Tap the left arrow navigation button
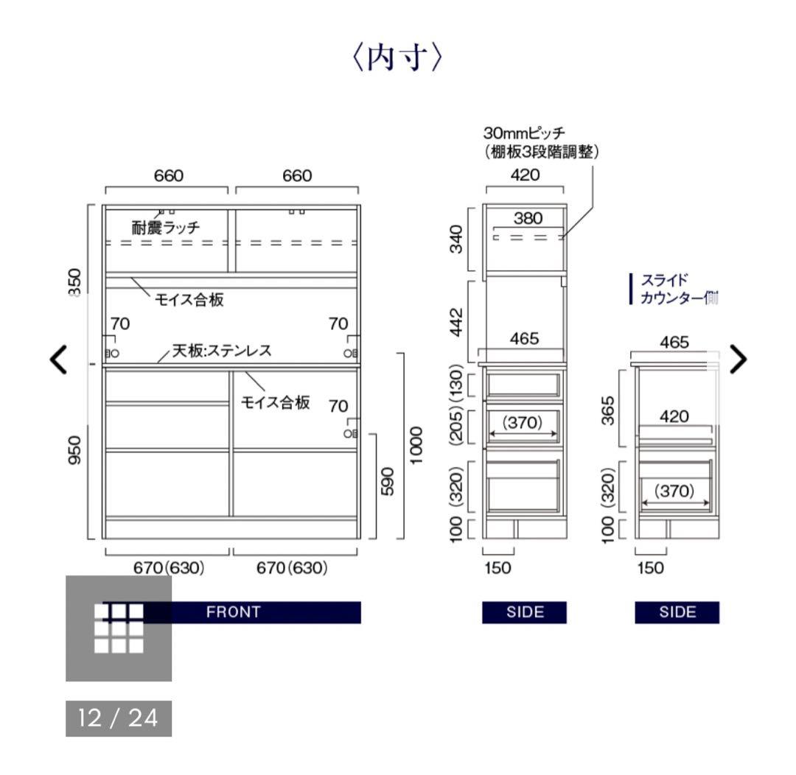58,359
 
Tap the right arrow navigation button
737,359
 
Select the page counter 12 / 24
119,718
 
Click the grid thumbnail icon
119,628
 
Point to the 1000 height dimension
417,445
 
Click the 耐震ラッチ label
165,228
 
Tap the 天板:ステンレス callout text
221,351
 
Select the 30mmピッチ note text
524,133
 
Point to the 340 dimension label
458,239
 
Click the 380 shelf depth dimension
528,218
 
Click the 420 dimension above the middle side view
525,175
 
